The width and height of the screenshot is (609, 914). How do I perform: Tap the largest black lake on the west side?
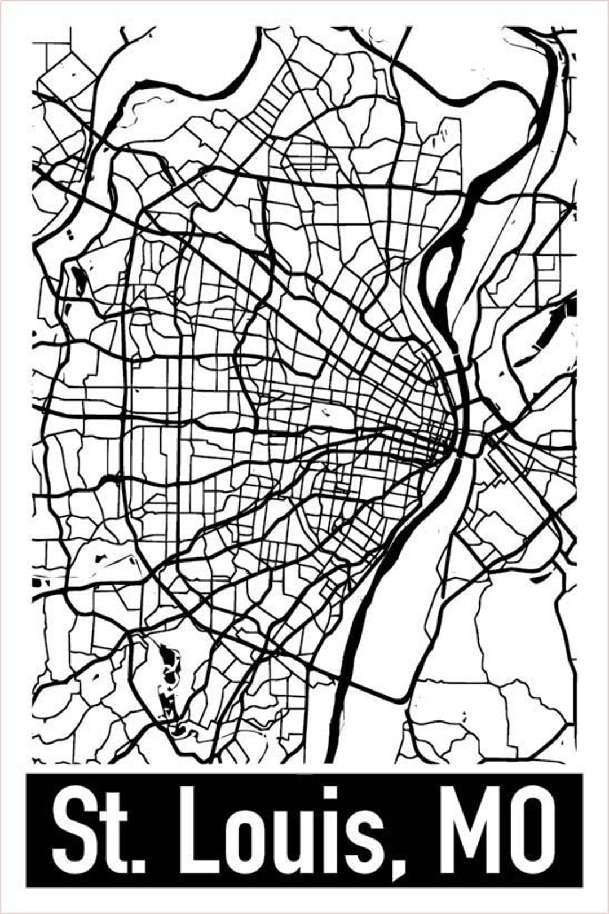[x=77, y=279]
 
